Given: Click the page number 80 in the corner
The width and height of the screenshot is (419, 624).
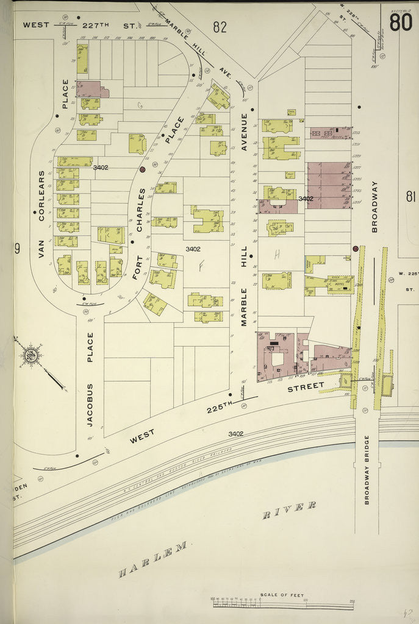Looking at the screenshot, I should click(400, 23).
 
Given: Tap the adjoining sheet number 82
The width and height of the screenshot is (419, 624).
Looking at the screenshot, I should click(220, 26).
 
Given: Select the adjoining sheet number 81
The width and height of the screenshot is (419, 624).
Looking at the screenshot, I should click(410, 196).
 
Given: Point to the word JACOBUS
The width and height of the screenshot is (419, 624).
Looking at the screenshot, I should click(90, 403).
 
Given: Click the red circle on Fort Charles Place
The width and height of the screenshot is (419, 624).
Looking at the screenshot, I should click(142, 170).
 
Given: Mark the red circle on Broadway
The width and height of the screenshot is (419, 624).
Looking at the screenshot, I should click(355, 249).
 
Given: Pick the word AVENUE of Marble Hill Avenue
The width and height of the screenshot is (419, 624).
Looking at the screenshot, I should click(244, 131).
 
